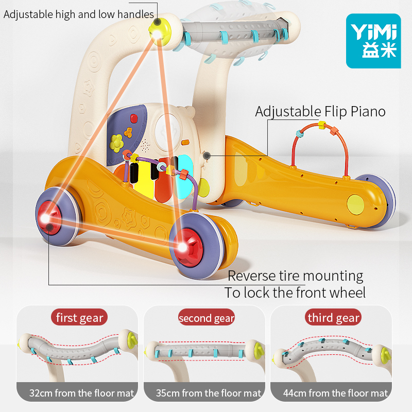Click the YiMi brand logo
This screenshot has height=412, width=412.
tap(373, 41)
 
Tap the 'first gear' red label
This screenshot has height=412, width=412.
tap(79, 317)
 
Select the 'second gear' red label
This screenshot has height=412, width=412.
tap(207, 317)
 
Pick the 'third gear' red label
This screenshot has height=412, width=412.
tap(333, 317)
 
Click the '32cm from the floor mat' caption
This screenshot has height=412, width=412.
tap(81, 393)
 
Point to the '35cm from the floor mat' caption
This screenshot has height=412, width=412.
tap(209, 393)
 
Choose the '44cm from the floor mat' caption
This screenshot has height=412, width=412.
tap(335, 393)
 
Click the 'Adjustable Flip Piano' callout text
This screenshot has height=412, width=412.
tap(320, 112)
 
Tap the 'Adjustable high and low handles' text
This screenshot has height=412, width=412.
tap(79, 14)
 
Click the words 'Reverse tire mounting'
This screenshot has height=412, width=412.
tap(295, 276)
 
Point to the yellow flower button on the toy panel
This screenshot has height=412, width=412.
tap(116, 143)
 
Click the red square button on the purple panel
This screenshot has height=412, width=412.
tap(134, 118)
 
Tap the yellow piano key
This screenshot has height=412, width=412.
tap(144, 179)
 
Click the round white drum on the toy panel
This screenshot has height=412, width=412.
tap(168, 130)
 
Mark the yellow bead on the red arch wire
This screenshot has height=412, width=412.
tap(321, 125)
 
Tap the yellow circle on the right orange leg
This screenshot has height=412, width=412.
tap(355, 204)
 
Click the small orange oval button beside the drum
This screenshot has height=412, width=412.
tap(185, 143)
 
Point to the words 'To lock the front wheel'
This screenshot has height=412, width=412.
tap(295, 293)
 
